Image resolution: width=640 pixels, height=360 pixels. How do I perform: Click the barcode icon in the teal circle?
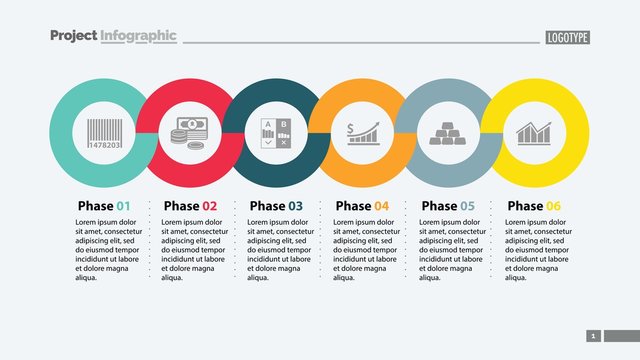104,133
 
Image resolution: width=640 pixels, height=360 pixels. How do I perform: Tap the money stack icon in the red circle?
190,133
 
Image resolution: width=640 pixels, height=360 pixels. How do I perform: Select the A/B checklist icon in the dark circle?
275,133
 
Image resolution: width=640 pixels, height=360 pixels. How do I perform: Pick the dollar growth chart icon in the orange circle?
362,133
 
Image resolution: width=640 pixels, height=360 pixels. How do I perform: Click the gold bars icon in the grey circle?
447,133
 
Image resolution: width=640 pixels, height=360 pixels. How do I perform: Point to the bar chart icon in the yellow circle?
534,133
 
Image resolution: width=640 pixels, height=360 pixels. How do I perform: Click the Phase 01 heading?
104,206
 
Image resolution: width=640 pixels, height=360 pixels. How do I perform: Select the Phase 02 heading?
189,206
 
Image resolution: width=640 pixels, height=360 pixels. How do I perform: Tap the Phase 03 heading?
275,206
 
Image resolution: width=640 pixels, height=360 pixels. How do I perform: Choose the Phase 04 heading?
362,206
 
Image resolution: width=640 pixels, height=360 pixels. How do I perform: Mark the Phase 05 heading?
448,206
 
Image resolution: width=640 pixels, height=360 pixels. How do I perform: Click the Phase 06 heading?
534,206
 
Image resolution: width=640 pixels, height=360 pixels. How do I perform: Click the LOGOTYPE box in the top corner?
568,37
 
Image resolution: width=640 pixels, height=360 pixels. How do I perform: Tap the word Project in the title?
73,36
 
